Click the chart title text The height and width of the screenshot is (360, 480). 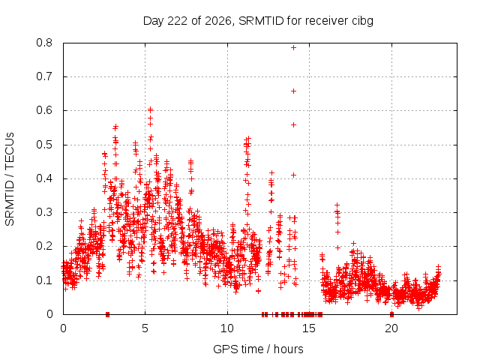(x=258, y=21)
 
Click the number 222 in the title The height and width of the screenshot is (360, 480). (x=178, y=21)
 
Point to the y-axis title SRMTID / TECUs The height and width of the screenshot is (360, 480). (x=10, y=179)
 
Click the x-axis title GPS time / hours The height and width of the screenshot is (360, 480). (x=258, y=349)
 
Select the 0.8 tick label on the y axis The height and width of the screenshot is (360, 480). (x=44, y=43)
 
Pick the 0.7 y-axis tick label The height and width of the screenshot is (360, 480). (x=44, y=76)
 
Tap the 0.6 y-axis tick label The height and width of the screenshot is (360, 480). (x=44, y=110)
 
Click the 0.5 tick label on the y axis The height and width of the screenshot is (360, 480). (x=44, y=145)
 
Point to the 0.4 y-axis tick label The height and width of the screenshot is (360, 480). (x=44, y=178)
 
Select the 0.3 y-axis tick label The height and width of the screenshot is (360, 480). (x=44, y=212)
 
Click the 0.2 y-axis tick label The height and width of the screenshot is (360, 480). (x=44, y=246)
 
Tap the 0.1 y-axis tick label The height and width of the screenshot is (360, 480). (x=44, y=280)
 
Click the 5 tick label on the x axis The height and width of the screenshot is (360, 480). (x=145, y=328)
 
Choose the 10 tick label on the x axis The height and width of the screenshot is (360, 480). (x=227, y=328)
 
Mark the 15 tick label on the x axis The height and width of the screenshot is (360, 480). (x=309, y=328)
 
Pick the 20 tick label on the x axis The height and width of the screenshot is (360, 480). (x=391, y=328)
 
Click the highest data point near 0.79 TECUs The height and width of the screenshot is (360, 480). (x=293, y=47)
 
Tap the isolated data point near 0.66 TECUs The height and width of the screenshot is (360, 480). (x=293, y=91)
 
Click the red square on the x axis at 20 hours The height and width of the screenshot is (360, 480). (x=391, y=314)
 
